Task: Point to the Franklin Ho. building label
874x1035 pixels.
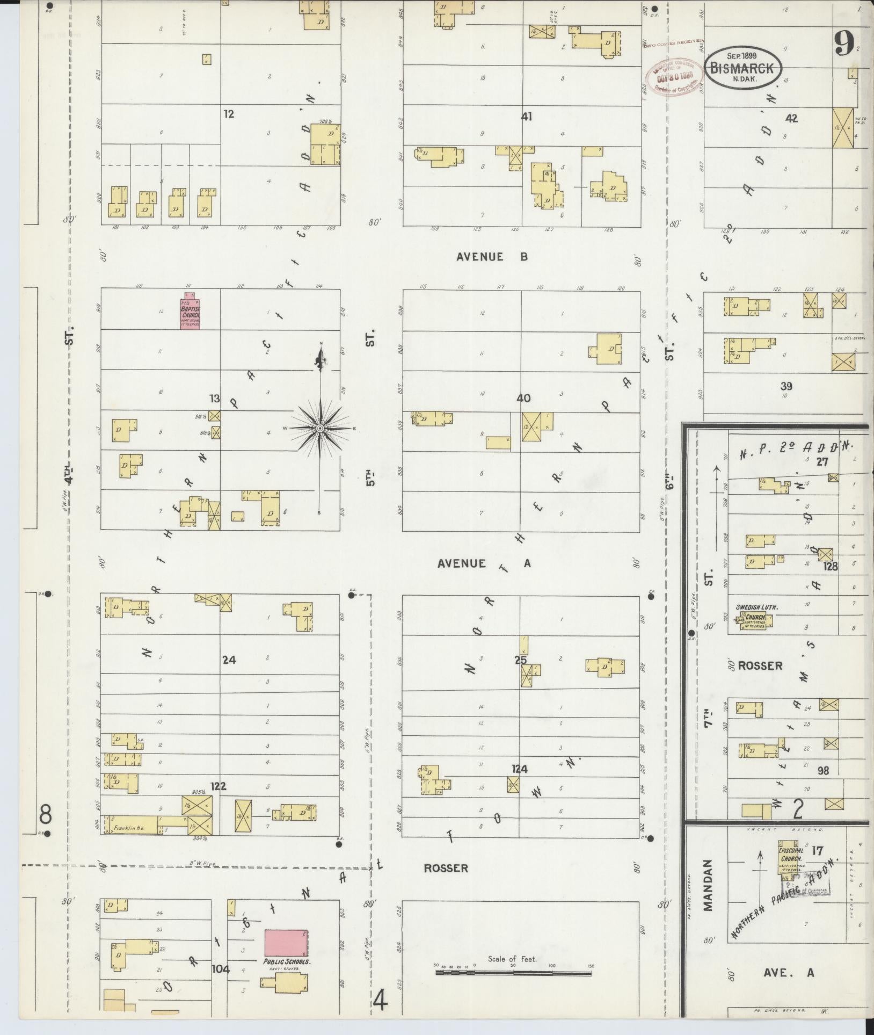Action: pos(125,829)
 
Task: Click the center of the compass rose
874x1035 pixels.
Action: pos(319,428)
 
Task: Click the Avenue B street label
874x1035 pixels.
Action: pos(492,257)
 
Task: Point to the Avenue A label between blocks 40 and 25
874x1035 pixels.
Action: pos(484,563)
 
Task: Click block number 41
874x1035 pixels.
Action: pos(526,117)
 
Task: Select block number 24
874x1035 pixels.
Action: pos(229,660)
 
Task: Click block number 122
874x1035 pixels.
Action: pos(218,786)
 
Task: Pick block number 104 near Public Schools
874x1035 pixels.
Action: pos(221,969)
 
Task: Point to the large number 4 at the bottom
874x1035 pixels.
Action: pos(380,1000)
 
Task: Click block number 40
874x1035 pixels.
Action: pos(523,399)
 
